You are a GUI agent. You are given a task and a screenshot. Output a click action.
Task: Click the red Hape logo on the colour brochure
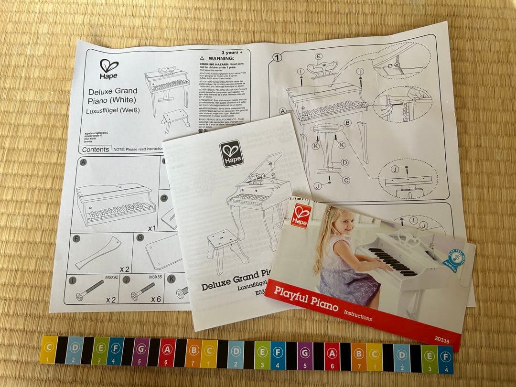tap(301, 215)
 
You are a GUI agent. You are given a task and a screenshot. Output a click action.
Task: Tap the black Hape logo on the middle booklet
tap(232, 154)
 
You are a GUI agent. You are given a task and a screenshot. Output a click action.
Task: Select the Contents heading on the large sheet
tap(96, 150)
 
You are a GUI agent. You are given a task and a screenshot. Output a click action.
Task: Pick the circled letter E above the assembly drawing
tap(319, 56)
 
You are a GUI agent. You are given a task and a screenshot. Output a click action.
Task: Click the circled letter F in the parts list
tap(75, 237)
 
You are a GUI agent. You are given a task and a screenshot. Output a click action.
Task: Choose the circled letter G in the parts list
tap(140, 237)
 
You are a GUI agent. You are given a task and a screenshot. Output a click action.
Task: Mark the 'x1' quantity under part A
tap(151, 228)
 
